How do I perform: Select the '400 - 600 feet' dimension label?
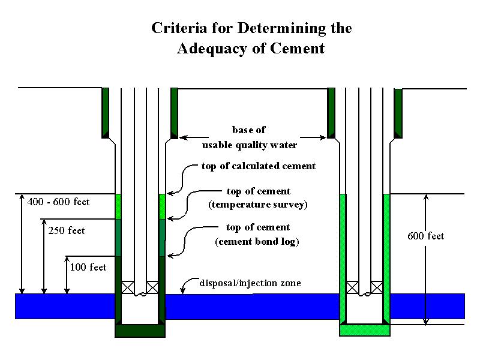pyautogui.click(x=58, y=202)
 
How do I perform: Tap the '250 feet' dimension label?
pyautogui.click(x=67, y=230)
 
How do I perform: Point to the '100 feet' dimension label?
pyautogui.click(x=88, y=267)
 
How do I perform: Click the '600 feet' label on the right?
pyautogui.click(x=426, y=236)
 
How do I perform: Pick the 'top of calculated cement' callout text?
pyautogui.click(x=259, y=166)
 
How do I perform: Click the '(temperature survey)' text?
pyautogui.click(x=258, y=205)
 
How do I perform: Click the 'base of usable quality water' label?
pyautogui.click(x=249, y=137)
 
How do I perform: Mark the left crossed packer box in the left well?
pyautogui.click(x=128, y=287)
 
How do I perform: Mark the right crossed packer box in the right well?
pyautogui.click(x=377, y=287)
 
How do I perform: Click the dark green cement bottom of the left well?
pyautogui.click(x=140, y=330)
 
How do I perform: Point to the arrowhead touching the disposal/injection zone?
pyautogui.click(x=183, y=292)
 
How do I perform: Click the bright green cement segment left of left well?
pyautogui.click(x=118, y=206)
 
